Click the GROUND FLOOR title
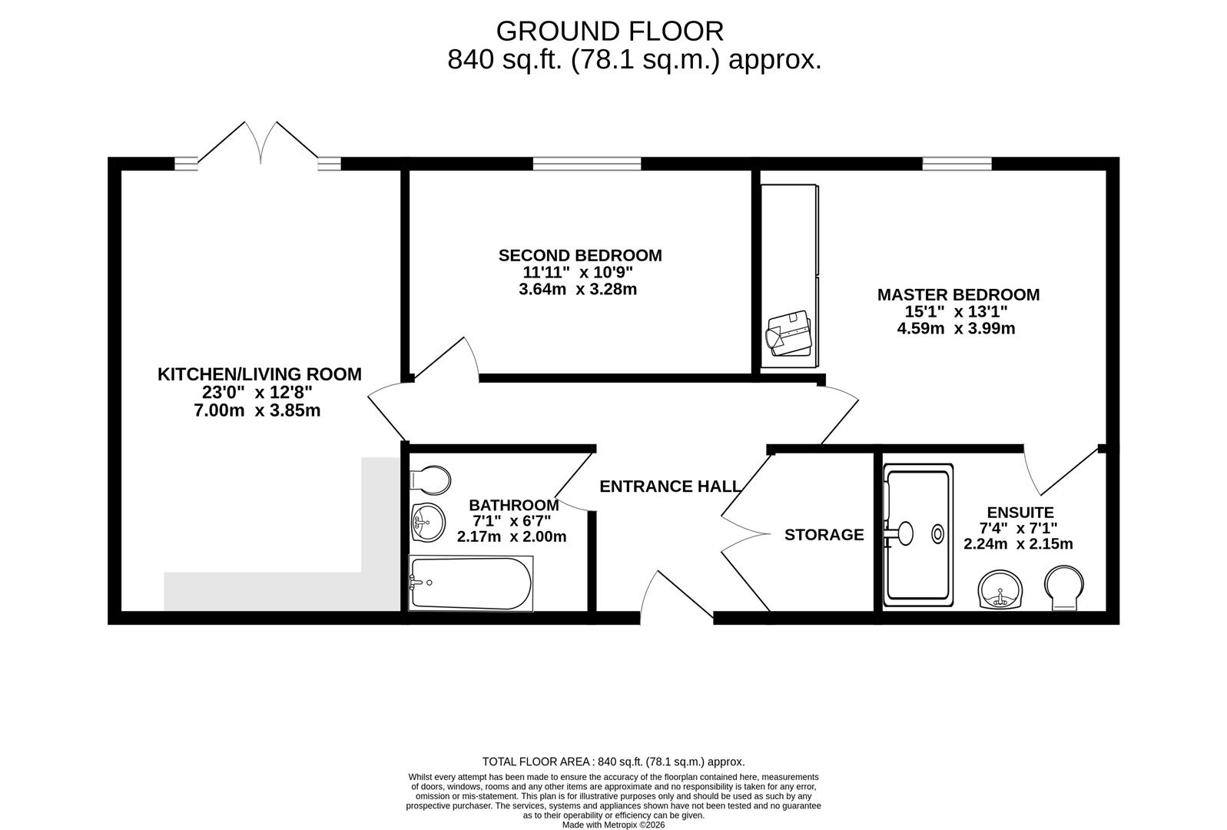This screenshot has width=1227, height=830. (609, 32)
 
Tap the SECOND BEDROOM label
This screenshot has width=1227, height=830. (580, 255)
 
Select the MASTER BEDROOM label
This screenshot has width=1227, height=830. (958, 294)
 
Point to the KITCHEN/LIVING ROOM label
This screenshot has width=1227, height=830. (259, 374)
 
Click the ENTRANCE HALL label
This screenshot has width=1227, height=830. (670, 486)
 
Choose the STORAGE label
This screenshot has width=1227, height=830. (824, 534)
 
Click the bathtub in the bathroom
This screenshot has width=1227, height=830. (470, 583)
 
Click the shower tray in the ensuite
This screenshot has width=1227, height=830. (919, 532)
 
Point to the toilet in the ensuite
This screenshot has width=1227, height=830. (1064, 589)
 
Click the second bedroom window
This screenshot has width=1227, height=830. (587, 163)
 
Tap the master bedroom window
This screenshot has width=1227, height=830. (957, 163)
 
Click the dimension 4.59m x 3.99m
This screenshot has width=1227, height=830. (956, 329)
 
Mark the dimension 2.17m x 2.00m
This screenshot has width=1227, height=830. (511, 537)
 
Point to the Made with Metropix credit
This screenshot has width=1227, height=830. (613, 825)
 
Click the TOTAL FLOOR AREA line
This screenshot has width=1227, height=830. (613, 762)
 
